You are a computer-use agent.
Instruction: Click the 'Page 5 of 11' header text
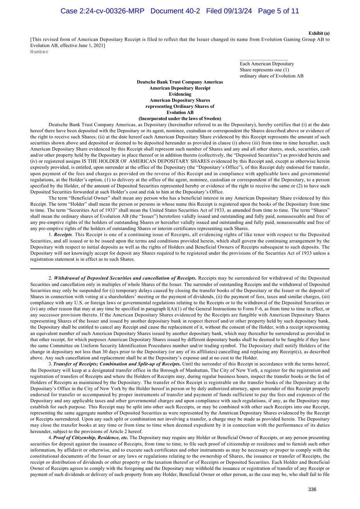pos(278,11)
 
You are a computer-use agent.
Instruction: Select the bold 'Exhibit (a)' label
pos(319,33)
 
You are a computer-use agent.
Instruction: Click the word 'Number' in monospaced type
pos(39,52)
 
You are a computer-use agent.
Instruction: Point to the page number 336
pos(312,490)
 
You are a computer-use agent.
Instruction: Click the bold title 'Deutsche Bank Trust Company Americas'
pos(180,82)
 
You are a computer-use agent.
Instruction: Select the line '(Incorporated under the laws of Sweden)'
pos(180,119)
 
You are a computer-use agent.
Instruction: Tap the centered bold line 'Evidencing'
pos(180,94)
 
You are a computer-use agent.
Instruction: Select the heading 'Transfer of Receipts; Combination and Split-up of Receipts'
pos(117,364)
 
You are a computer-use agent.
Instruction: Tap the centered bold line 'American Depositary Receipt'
pos(180,88)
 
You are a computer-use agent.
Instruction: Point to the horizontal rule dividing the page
pos(180,269)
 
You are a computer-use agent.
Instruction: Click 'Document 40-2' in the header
pos(175,11)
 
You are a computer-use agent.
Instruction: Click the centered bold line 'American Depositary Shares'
pos(180,101)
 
